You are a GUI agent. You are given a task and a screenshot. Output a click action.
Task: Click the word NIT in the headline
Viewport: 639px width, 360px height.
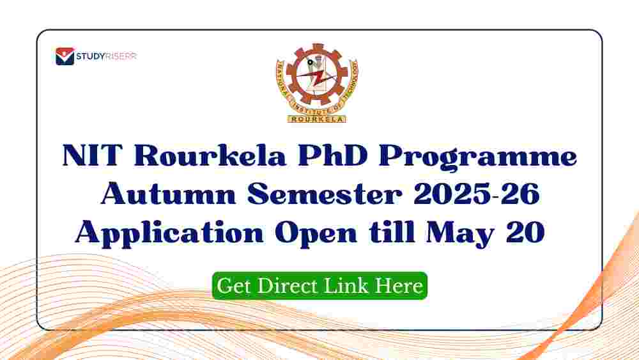[93, 155]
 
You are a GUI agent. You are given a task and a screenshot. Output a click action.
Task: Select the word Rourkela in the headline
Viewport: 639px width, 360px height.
[210, 155]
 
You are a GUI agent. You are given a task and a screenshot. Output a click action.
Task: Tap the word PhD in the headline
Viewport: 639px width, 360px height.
[332, 155]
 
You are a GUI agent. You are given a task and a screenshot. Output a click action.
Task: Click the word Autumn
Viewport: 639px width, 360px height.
[168, 194]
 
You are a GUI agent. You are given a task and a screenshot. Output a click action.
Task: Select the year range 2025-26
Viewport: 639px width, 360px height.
[477, 194]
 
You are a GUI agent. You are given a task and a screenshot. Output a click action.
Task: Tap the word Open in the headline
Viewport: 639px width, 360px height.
[316, 235]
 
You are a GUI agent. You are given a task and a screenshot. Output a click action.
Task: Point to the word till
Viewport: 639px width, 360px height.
[391, 231]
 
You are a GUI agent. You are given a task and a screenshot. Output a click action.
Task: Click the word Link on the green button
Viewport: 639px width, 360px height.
[346, 285]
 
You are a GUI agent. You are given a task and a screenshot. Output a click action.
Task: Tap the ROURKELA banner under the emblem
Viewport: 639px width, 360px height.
[317, 119]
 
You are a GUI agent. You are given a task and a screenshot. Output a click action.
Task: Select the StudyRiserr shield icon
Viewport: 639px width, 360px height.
[65, 56]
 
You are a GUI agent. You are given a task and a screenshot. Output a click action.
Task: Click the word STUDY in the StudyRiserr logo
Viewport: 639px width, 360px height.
[91, 56]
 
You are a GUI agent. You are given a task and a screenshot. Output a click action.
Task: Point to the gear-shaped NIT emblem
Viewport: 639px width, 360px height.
[317, 82]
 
